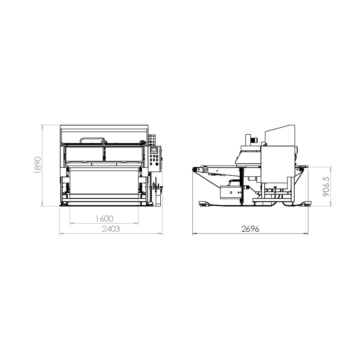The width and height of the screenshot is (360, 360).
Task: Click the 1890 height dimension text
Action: click(38, 165)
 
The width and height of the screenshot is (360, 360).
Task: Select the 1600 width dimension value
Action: click(104, 219)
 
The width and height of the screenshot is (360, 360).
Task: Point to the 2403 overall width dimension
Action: click(111, 229)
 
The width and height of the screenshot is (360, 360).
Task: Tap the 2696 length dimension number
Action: click(250, 229)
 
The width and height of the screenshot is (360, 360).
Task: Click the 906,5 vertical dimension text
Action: click(326, 186)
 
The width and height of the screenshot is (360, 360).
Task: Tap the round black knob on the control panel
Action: click(157, 164)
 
